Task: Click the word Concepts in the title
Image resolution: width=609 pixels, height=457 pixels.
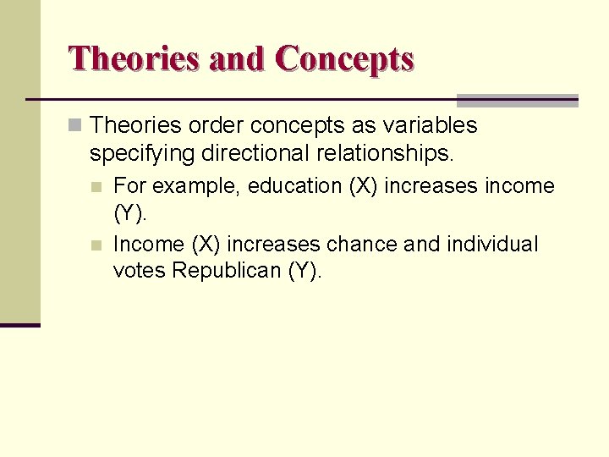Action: click(x=344, y=58)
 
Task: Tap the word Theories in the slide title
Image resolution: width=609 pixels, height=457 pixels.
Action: click(x=134, y=58)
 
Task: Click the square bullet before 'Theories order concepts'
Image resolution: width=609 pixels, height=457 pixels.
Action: click(x=76, y=126)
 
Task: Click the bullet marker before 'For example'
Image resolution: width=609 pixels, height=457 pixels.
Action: click(x=99, y=186)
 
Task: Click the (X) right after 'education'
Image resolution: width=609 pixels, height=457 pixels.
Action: click(x=365, y=185)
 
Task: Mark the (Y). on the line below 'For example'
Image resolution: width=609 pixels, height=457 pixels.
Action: click(x=130, y=213)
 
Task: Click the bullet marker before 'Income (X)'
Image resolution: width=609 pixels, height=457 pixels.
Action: click(x=99, y=245)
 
